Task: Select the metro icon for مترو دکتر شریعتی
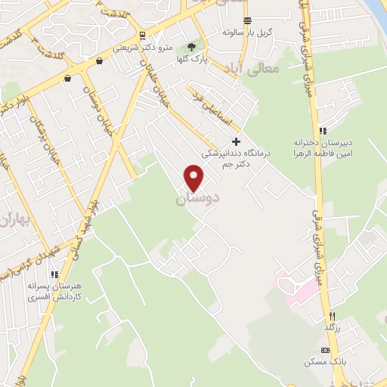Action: pyautogui.click(x=142, y=36)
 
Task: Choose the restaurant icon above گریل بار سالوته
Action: pyautogui.click(x=248, y=20)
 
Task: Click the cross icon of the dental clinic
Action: pyautogui.click(x=236, y=141)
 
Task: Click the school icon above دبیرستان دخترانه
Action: pyautogui.click(x=324, y=131)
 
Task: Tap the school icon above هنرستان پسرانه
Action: pyautogui.click(x=54, y=274)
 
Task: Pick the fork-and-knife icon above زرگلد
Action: pyautogui.click(x=330, y=315)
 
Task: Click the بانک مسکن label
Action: pyautogui.click(x=322, y=362)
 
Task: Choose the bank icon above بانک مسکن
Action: pyautogui.click(x=326, y=350)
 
